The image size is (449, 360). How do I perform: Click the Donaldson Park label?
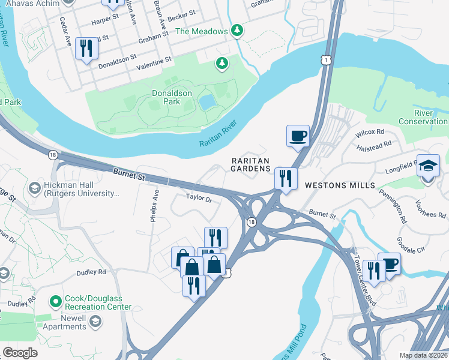tap(172, 97)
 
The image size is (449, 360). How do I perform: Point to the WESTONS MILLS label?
tap(340, 185)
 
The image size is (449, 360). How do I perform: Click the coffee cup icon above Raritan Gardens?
tap(298, 136)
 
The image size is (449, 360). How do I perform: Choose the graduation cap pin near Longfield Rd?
tap(429, 166)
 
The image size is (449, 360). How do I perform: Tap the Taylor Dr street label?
tap(199, 197)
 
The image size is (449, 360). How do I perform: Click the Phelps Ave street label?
tap(155, 206)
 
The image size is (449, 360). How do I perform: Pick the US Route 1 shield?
tap(324, 59)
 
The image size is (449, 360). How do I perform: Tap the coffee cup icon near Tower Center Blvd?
tap(390, 263)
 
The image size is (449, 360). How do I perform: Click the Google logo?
tap(20, 353)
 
